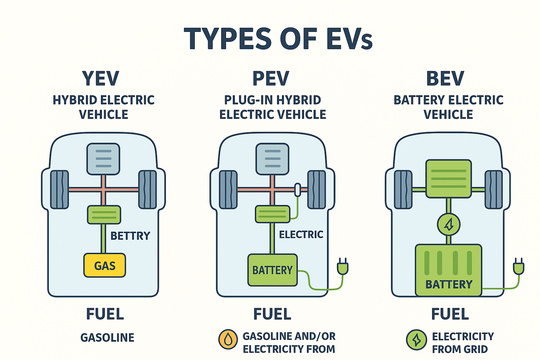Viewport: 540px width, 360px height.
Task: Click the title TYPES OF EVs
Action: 278,38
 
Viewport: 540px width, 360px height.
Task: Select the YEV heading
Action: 101,78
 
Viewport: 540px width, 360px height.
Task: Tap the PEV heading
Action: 271,78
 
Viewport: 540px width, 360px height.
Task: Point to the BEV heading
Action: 445,78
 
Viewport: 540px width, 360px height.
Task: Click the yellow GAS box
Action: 104,265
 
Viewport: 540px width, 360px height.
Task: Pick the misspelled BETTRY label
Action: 130,236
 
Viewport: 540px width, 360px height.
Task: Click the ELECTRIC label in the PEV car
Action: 301,234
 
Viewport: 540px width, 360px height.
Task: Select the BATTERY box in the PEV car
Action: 272,270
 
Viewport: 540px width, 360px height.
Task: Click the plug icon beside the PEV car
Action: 342,266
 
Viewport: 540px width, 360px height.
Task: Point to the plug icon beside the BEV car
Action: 518,266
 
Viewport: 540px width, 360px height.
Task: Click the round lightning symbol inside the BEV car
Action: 449,225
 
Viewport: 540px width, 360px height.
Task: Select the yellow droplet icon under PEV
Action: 228,340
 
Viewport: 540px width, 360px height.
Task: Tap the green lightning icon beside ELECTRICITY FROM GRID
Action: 416,340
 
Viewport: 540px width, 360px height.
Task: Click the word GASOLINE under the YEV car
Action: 107,338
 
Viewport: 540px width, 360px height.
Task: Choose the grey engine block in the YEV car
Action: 103,159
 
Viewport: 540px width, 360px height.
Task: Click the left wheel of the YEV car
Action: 59,189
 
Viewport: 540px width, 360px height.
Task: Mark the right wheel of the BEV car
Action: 494,189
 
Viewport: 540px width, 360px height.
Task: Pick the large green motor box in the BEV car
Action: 449,179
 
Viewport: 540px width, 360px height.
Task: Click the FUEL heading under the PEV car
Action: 272,314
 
